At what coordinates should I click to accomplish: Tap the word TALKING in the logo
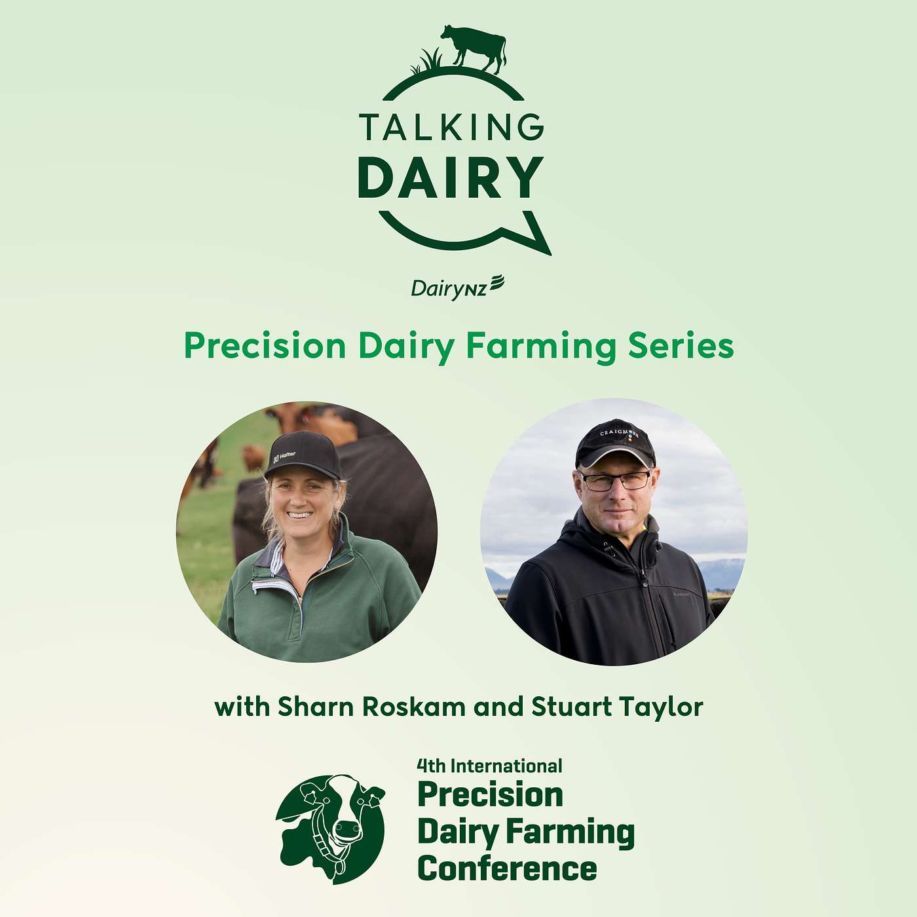[x=451, y=127]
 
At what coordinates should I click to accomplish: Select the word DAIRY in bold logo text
[x=451, y=178]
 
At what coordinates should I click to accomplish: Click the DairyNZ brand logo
[x=457, y=288]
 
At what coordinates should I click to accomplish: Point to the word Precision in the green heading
[x=265, y=346]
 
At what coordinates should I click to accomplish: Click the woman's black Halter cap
[x=303, y=453]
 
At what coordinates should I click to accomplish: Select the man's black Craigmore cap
[x=615, y=441]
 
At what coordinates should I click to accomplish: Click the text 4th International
[x=489, y=766]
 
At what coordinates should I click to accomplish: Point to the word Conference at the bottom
[x=507, y=869]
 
